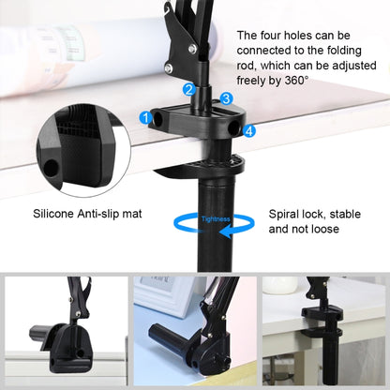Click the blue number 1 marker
point(145,117)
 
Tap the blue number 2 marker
point(189,90)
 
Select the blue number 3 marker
point(227,98)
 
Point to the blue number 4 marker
point(248,131)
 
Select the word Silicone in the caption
point(58,214)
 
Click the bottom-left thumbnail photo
point(65,332)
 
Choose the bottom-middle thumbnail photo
point(194,332)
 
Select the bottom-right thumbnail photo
point(324,332)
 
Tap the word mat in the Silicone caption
point(132,214)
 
